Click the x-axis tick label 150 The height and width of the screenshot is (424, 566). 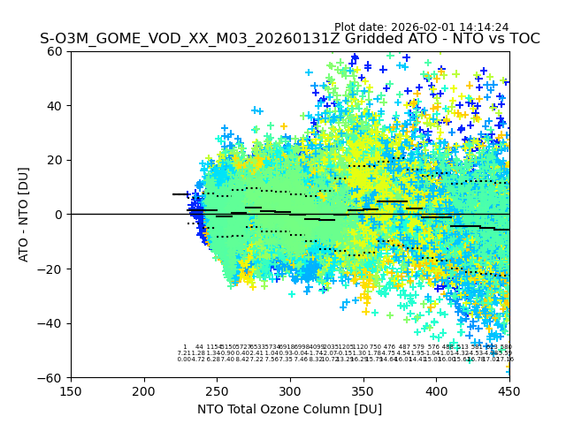click(71, 390)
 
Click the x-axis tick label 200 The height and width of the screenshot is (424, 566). click(144, 390)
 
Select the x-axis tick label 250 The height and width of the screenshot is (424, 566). click(217, 390)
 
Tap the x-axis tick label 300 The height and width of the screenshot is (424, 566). click(290, 390)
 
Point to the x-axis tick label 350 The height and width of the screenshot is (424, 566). click(363, 390)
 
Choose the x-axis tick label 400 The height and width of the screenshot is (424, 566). click(436, 390)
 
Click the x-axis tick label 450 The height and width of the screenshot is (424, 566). click(509, 390)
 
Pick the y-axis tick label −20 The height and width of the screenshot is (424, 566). click(53, 269)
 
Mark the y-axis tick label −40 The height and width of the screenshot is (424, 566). click(53, 323)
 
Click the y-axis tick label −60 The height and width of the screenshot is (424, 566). click(53, 377)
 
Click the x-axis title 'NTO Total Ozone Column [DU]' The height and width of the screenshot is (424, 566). click(290, 409)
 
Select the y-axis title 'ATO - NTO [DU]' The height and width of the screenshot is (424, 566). click(25, 215)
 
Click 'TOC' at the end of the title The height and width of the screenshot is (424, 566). click(523, 40)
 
